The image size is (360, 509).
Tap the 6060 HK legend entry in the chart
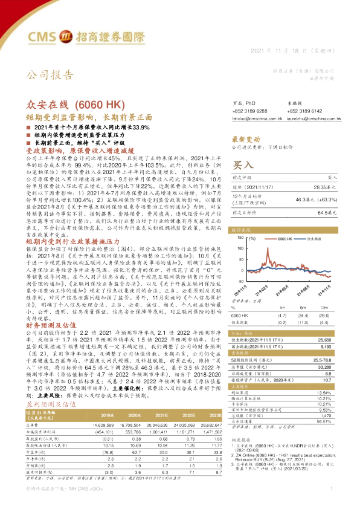(x=284, y=241)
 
